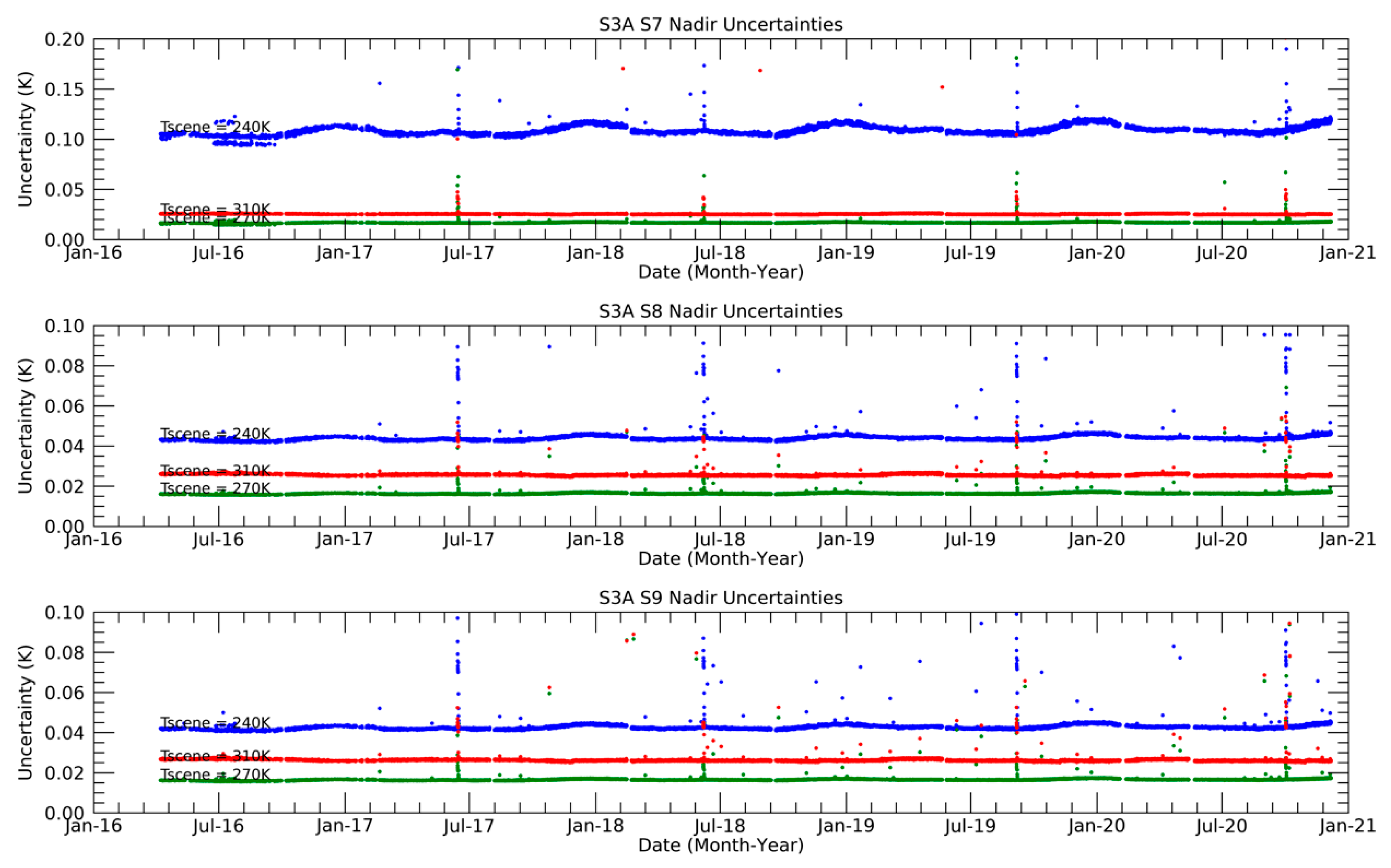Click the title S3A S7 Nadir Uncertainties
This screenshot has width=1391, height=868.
click(x=720, y=25)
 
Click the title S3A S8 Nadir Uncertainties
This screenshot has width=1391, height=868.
click(x=720, y=311)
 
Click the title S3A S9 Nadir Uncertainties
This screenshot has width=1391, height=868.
click(x=720, y=598)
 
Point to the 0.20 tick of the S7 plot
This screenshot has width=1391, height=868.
click(x=64, y=40)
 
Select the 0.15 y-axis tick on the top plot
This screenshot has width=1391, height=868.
click(x=64, y=90)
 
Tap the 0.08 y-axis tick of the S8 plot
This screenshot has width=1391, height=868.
click(x=64, y=366)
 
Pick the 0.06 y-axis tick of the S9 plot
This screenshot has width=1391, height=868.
click(x=64, y=693)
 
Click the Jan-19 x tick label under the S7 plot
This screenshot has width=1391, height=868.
click(x=846, y=253)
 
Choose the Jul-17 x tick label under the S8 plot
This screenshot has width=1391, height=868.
click(x=469, y=540)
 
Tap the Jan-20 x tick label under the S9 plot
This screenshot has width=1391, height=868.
click(x=1096, y=826)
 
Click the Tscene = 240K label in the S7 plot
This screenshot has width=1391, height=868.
click(x=215, y=127)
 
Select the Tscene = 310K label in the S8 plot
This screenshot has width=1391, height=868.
click(x=215, y=471)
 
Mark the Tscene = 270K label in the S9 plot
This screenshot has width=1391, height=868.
click(x=215, y=775)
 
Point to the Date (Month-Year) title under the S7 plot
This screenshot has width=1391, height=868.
click(x=720, y=272)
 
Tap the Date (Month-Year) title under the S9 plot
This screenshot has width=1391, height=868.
click(x=720, y=845)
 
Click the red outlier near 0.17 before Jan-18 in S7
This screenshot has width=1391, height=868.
click(x=622, y=69)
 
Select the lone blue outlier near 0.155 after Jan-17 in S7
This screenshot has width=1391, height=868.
click(x=380, y=83)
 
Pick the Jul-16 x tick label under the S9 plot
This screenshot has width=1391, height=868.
click(x=218, y=826)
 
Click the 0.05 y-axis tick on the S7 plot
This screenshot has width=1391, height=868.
click(x=64, y=189)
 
